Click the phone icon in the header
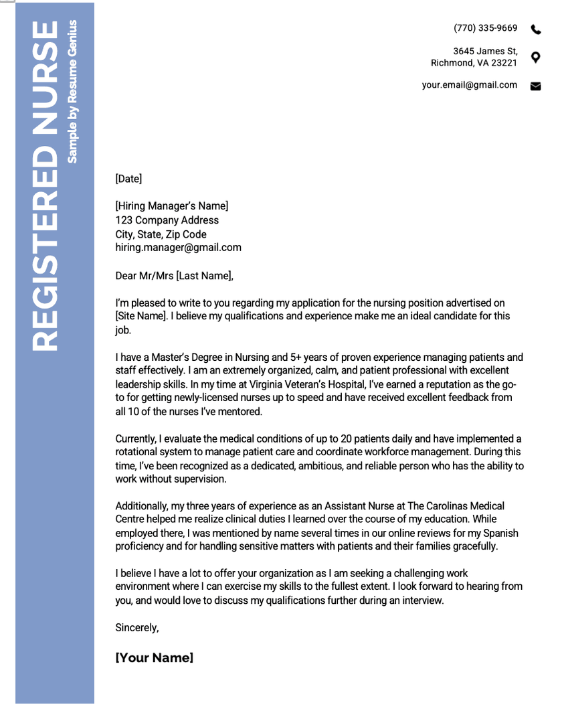click(536, 29)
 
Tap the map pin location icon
click(535, 57)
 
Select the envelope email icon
click(535, 86)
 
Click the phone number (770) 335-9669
click(485, 28)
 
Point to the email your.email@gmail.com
click(469, 85)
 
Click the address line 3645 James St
click(485, 51)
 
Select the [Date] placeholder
click(128, 179)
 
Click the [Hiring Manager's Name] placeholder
click(171, 206)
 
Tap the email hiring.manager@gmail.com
click(178, 248)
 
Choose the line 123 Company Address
click(167, 220)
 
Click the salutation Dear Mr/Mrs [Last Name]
click(174, 276)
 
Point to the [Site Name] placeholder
click(140, 316)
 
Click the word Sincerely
click(136, 628)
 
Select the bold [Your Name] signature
click(155, 658)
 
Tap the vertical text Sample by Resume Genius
click(72, 92)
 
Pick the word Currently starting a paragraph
click(136, 439)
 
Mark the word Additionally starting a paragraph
click(141, 506)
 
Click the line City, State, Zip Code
click(161, 234)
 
